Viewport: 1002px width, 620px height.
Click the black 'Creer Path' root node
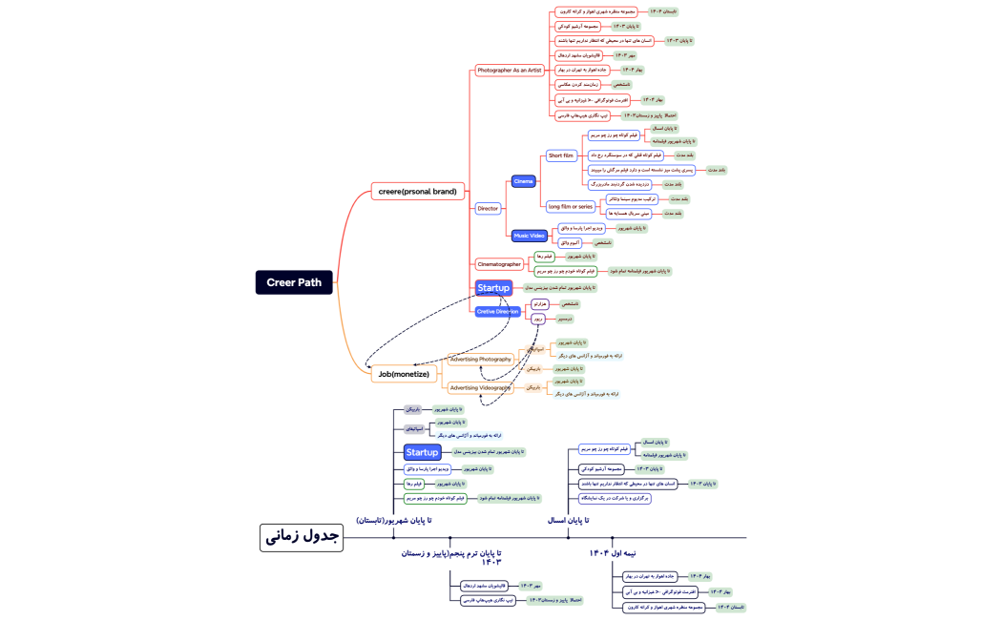[294, 282]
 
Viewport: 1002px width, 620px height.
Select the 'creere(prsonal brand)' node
[417, 191]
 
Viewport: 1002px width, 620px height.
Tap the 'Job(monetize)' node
[403, 374]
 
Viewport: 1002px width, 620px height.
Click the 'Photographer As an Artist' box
[510, 71]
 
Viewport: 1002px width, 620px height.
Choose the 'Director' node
[488, 208]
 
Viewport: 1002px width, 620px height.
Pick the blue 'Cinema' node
[523, 181]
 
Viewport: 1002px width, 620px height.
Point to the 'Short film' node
[561, 155]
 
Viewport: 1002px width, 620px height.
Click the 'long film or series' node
[570, 206]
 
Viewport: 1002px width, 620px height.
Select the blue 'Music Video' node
[529, 235]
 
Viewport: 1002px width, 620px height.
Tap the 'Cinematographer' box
[499, 264]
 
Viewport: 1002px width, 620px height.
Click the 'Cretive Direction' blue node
[498, 311]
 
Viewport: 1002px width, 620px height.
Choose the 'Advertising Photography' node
[481, 360]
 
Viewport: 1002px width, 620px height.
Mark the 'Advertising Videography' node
[481, 388]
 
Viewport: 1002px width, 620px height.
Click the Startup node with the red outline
[493, 287]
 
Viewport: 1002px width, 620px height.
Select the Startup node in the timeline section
[422, 452]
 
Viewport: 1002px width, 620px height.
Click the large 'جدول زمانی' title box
[301, 537]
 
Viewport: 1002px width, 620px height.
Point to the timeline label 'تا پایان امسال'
[568, 520]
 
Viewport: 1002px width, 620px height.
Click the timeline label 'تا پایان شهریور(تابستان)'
[394, 520]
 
